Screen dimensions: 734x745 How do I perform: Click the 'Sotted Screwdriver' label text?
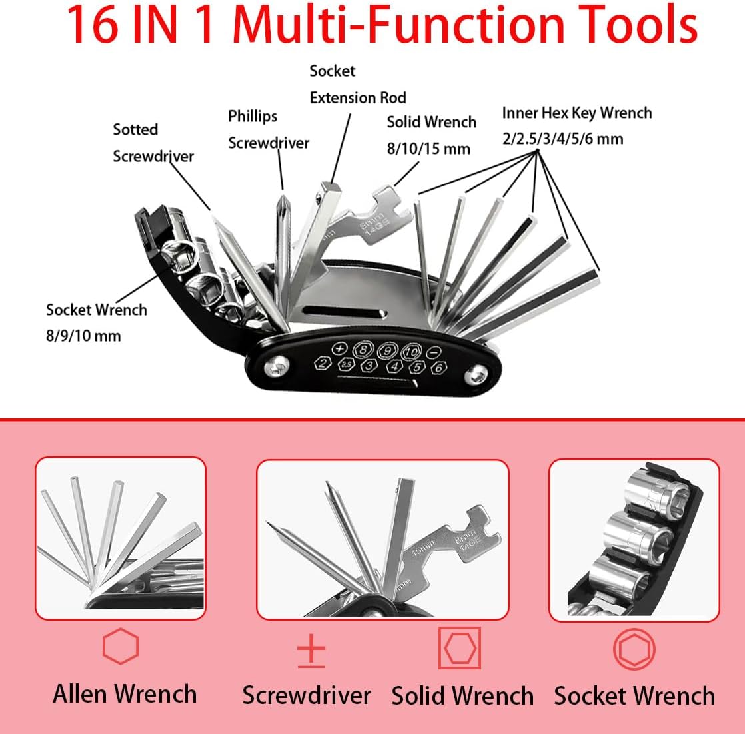[x=153, y=143]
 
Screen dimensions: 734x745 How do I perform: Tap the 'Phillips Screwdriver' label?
[x=269, y=129]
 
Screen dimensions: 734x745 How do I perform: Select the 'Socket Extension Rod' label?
[x=357, y=84]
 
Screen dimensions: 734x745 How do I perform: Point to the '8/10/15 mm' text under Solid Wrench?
[x=428, y=148]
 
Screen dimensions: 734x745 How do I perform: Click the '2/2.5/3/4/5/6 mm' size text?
[x=563, y=139]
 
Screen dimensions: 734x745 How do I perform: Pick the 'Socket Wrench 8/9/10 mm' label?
[x=96, y=322]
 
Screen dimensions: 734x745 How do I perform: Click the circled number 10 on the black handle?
[x=411, y=350]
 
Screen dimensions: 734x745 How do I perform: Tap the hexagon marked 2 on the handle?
[x=323, y=363]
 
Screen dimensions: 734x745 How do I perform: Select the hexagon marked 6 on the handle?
[x=438, y=366]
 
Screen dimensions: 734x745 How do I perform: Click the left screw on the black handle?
[x=278, y=365]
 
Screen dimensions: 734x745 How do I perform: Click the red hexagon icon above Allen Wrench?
[x=121, y=646]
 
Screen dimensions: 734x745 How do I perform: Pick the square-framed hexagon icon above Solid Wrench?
[x=460, y=647]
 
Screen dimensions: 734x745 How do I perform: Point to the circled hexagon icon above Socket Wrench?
[x=634, y=649]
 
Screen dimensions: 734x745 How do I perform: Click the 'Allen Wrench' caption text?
[x=125, y=694]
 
